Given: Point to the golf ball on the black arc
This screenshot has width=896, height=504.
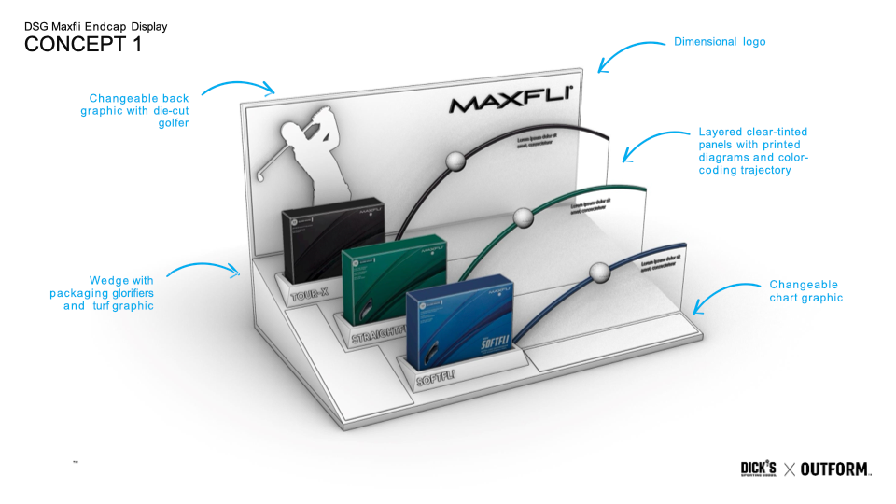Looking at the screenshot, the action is pos(455,161).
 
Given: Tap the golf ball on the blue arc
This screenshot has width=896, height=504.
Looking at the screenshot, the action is pos(598,272).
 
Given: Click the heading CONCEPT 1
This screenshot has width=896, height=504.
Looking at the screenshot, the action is pos(83,45).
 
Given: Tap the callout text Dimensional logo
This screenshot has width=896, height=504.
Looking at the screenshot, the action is pos(720,42).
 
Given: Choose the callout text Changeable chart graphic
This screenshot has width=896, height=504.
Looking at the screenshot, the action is pos(805,291).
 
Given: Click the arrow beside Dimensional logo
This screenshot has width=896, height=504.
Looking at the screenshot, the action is pos(630,53).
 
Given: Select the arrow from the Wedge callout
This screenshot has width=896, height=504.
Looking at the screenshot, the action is pos(205,270).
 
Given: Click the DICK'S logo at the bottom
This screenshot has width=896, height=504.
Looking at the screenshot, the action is pos(759,469).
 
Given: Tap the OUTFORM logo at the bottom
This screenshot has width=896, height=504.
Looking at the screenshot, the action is pos(835,469).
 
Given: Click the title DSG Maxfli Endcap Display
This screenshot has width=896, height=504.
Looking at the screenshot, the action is pos(96,27).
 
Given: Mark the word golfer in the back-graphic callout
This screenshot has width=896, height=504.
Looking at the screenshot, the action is pos(173,123).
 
